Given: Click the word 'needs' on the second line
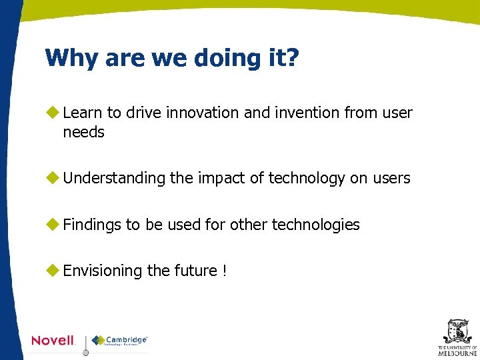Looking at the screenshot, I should (83, 132).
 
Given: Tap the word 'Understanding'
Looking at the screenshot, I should (114, 178).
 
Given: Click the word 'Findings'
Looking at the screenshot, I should (92, 225).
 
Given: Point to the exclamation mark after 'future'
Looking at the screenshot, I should (225, 271).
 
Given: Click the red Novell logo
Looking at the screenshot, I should (53, 341).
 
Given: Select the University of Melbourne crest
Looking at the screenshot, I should (457, 331).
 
